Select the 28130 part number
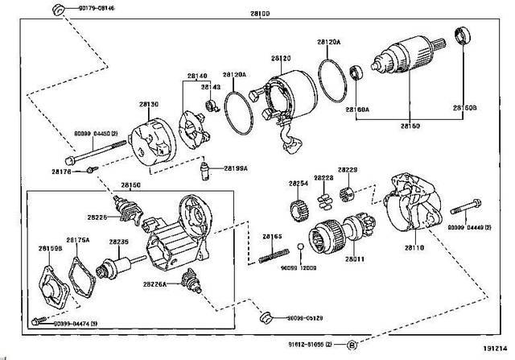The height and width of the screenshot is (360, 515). coord(148,105)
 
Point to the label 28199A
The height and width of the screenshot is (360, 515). coord(235,169)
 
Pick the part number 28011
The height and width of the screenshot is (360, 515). coord(355,258)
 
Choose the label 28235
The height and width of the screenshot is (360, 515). coord(119,242)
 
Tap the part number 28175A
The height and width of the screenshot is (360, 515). coord(77,239)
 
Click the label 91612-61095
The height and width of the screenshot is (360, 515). coord(307,345)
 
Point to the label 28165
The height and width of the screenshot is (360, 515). coord(271,235)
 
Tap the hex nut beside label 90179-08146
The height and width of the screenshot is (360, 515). coord(58,9)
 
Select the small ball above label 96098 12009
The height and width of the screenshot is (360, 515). coord(299,246)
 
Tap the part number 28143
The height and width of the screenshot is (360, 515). coord(211,87)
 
